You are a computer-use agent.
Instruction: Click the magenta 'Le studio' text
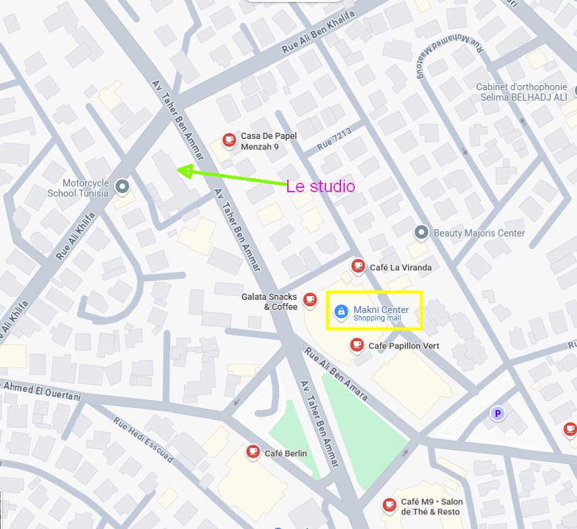coord(320,187)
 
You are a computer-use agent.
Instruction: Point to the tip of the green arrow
coord(178,170)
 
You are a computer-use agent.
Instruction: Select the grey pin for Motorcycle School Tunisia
coord(123,186)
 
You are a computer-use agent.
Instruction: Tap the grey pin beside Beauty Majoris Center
coord(422,234)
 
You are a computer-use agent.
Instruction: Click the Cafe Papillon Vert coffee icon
coord(357,345)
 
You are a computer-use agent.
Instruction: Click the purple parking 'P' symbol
coord(498,413)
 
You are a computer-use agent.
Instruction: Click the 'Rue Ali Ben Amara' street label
coord(335,374)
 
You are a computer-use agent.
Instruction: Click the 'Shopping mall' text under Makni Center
coord(377,318)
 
